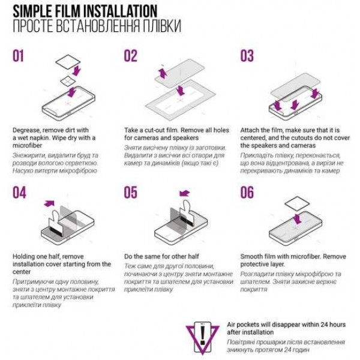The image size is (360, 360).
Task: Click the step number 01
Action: (x=18, y=56)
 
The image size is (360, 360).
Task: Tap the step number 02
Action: (x=130, y=56)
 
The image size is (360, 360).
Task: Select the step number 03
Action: (x=247, y=56)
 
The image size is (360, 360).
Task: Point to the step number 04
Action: (x=19, y=193)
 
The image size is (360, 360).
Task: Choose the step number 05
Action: (x=131, y=193)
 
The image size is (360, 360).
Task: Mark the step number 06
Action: (x=247, y=193)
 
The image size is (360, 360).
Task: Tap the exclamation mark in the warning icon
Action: (x=202, y=335)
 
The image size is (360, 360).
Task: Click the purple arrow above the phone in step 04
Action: (x=49, y=203)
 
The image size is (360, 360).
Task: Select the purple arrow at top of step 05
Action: (x=185, y=193)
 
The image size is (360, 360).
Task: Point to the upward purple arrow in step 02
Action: (x=163, y=73)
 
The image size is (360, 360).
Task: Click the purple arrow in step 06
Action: (x=298, y=219)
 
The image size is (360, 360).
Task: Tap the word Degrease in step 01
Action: (x=26, y=130)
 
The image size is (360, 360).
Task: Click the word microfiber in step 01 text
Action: (x=28, y=146)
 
